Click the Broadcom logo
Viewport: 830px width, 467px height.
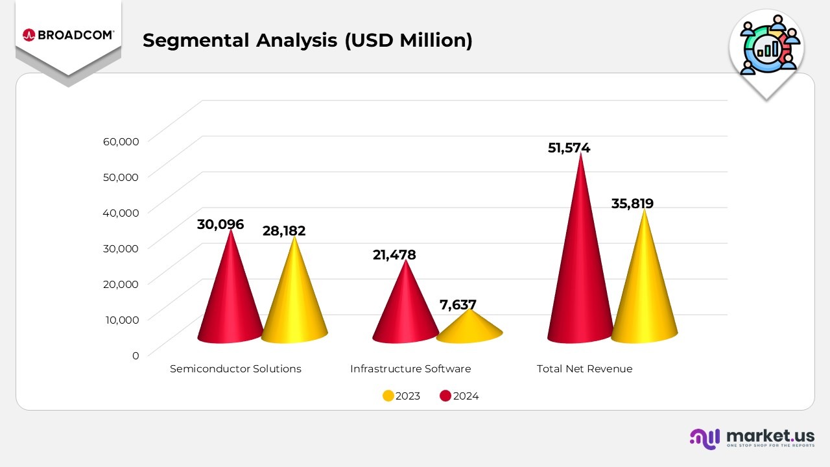pyautogui.click(x=68, y=35)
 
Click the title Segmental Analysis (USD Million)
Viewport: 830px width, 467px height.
pyautogui.click(x=307, y=40)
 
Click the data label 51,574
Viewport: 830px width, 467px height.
pyautogui.click(x=569, y=148)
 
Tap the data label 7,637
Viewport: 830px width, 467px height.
pyautogui.click(x=458, y=305)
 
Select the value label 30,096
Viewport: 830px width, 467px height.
pyautogui.click(x=220, y=224)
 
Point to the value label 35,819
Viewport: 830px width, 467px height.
pyautogui.click(x=632, y=204)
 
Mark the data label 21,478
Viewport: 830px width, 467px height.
pyautogui.click(x=394, y=255)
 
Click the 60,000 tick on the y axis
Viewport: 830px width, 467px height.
pyautogui.click(x=121, y=141)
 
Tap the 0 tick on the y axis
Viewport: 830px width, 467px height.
pyautogui.click(x=135, y=355)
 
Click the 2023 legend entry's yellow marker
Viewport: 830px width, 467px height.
pyautogui.click(x=388, y=396)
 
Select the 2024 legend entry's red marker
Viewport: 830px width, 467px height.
pyautogui.click(x=445, y=396)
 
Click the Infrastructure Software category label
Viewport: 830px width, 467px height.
pyautogui.click(x=410, y=369)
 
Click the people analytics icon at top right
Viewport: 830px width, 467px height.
pyautogui.click(x=766, y=45)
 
